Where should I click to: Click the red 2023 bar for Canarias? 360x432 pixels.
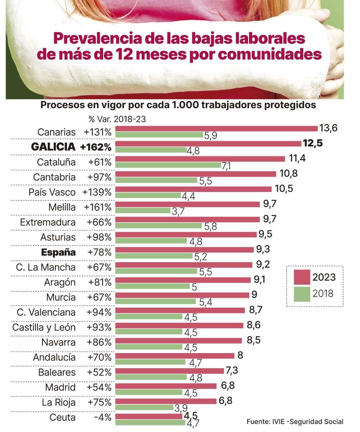click(216, 129)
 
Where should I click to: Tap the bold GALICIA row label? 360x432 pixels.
click(53, 147)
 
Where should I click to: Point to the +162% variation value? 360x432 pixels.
click(96, 147)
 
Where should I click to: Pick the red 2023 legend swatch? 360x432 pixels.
click(301, 277)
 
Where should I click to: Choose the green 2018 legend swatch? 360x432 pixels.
click(301, 293)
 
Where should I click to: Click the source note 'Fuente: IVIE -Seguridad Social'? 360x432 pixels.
click(295, 421)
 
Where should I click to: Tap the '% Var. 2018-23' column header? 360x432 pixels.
click(117, 119)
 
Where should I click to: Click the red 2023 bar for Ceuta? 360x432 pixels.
click(148, 416)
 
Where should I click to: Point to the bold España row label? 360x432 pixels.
click(58, 252)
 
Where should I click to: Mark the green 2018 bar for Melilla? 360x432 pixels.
click(143, 210)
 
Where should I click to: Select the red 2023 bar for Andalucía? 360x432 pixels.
click(175, 355)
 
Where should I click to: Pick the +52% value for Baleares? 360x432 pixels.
click(99, 372)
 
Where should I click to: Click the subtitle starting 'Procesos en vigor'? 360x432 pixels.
click(178, 105)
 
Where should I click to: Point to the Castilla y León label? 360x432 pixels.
click(44, 327)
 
